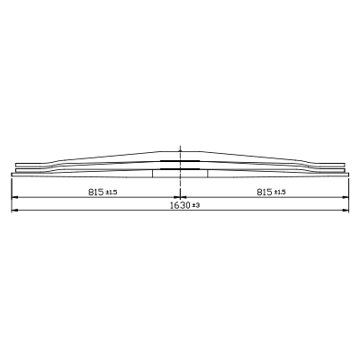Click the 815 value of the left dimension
(96, 192)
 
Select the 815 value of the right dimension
(265, 192)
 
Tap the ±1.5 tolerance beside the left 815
(112, 193)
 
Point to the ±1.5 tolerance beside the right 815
(280, 193)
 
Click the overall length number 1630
(180, 205)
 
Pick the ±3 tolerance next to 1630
(196, 206)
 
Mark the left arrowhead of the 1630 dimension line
(14, 210)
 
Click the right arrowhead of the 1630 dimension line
(346, 210)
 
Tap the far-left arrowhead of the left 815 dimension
(14, 197)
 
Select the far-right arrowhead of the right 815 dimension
(346, 197)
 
